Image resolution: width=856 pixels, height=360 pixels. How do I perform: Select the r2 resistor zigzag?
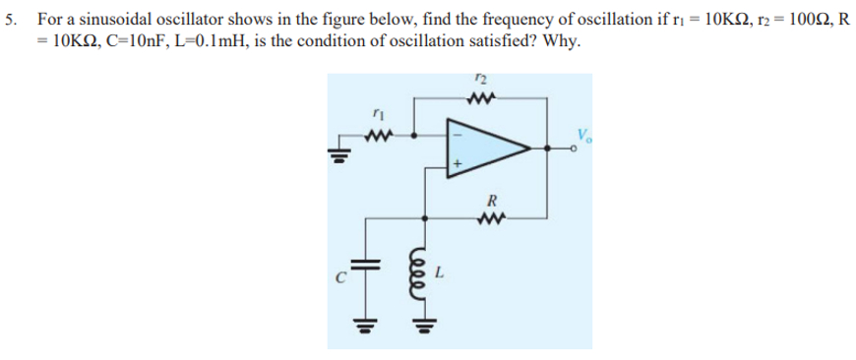click(x=483, y=96)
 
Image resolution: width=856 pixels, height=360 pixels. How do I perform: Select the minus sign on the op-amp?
click(x=457, y=126)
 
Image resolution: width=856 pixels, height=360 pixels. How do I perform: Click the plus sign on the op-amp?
click(x=457, y=167)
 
